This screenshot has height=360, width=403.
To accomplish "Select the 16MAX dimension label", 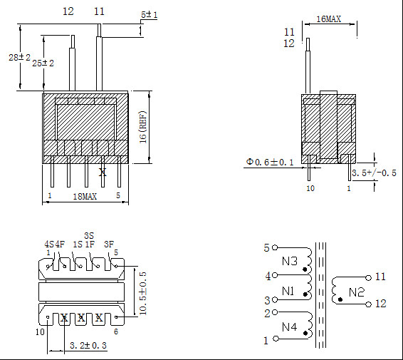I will (x=328, y=19).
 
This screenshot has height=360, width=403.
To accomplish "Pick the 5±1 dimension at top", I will (x=149, y=14).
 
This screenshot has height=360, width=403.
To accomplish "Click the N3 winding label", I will (x=289, y=261).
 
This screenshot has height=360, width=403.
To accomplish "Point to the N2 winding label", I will (x=356, y=291).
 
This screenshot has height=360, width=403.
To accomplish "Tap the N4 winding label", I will (x=289, y=327).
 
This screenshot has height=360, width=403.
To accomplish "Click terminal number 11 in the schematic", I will (x=380, y=277).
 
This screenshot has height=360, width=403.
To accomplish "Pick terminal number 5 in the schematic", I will (x=266, y=248).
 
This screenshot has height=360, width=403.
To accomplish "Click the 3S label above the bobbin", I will (x=89, y=235).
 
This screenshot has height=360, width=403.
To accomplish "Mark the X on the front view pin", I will (x=103, y=172).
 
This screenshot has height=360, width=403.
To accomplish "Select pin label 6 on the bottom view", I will (x=115, y=331).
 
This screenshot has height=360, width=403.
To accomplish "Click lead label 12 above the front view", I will (x=68, y=11).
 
